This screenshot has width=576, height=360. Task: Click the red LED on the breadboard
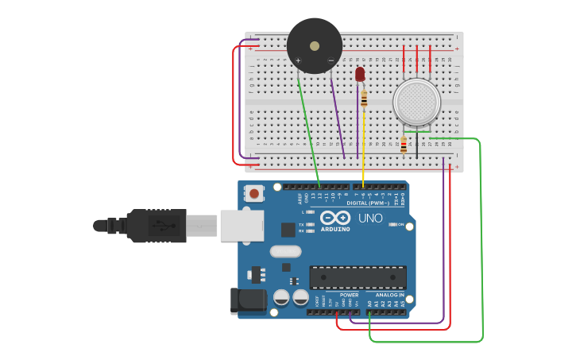coord(360,74)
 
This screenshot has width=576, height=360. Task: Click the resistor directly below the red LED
coord(364,99)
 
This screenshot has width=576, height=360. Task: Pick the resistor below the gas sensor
coord(404,145)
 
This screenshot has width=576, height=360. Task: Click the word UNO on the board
coord(369,218)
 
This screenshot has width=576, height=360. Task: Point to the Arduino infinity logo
coord(335,218)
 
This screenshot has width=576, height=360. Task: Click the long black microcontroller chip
coord(358,277)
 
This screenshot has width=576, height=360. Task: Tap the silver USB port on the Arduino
coord(242,226)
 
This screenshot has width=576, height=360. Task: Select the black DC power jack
coord(248,300)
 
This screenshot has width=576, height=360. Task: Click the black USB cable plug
coord(159,226)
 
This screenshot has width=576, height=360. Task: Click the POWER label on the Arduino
coord(350,295)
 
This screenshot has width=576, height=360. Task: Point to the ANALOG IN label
coord(389,295)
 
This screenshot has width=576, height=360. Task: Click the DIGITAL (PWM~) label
coord(367,203)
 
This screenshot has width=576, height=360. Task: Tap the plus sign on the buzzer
coord(299,60)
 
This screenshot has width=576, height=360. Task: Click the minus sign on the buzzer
coord(331,60)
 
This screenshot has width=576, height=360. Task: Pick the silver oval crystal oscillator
coord(285,251)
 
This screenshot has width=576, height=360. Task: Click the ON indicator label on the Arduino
coord(401,225)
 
